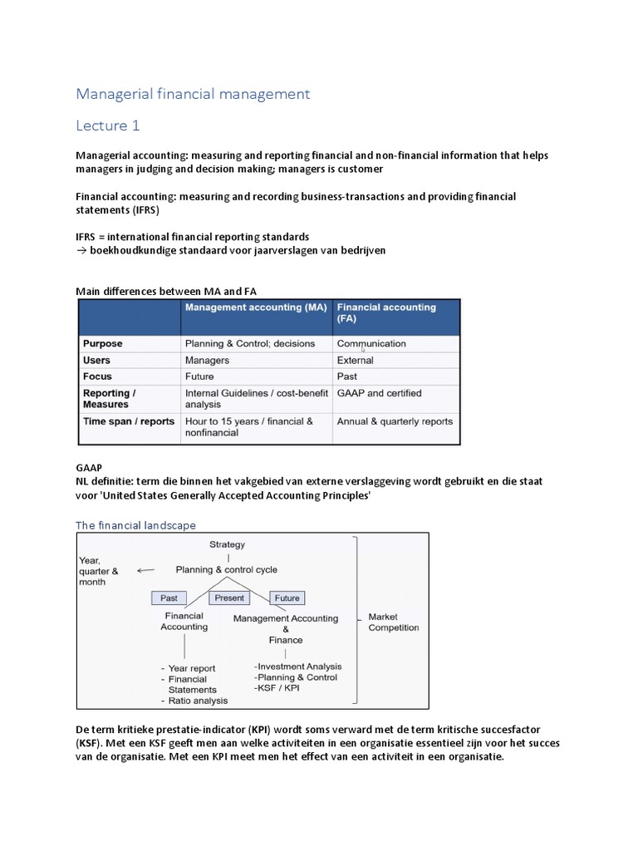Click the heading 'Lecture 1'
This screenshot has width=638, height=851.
108,125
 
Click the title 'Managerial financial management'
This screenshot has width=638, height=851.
193,94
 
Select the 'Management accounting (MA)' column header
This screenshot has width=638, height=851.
256,307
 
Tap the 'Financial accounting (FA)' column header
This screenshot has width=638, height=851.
386,312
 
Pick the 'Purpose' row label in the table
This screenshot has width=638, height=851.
103,343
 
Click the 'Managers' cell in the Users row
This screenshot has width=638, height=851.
207,361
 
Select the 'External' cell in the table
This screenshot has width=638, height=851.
356,361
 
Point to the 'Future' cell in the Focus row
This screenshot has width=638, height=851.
199,376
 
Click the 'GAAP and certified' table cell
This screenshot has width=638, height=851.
379,393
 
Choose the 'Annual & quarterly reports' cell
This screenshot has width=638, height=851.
395,421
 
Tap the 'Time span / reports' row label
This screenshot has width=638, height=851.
129,421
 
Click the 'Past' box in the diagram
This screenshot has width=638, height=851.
169,598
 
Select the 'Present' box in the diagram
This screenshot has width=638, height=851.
229,598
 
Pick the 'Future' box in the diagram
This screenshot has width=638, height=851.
287,598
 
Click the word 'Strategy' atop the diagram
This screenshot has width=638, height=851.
227,544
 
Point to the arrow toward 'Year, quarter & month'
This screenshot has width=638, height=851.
146,570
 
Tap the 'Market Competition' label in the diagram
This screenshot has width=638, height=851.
394,622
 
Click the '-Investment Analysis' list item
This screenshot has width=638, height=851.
298,667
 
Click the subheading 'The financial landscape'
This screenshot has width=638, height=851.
135,525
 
